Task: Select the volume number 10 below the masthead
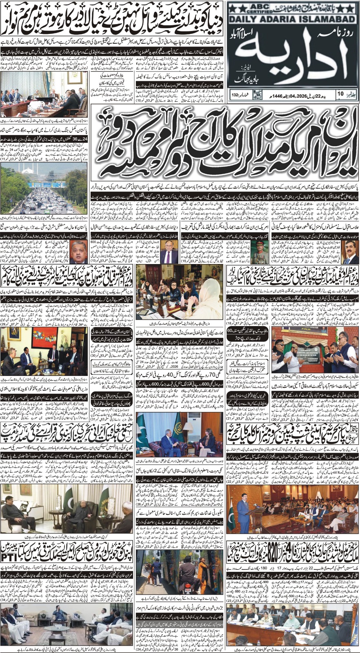[340, 94]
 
